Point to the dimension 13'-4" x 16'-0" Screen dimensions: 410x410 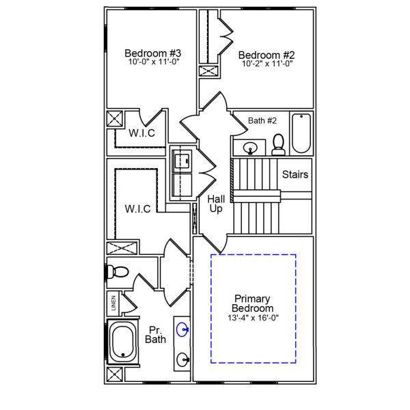tap(252, 318)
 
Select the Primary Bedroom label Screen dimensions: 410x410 tap(252, 303)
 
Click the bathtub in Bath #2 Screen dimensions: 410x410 tap(301, 133)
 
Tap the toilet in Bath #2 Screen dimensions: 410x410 tap(278, 144)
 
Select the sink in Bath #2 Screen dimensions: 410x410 tap(250, 146)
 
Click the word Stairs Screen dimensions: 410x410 tap(295, 174)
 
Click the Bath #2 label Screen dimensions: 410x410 tap(262, 121)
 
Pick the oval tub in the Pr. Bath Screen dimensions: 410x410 tap(124, 342)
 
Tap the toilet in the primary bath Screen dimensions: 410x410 tap(118, 271)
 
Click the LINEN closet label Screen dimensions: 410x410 tap(113, 301)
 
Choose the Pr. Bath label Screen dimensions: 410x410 tap(155, 333)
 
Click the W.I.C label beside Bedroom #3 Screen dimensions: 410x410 tap(142, 133)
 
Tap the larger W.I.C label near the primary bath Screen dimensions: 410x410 tap(137, 208)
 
